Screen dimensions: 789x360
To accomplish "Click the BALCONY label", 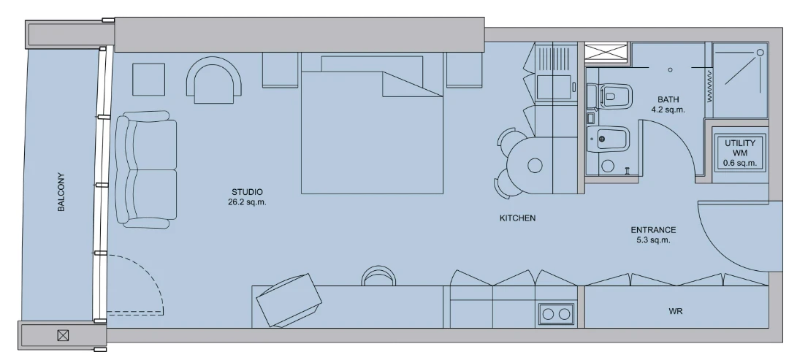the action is pyautogui.click(x=61, y=192).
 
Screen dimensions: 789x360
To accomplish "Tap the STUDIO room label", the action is pyautogui.click(x=247, y=191).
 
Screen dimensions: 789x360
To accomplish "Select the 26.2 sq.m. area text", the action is pyautogui.click(x=247, y=202).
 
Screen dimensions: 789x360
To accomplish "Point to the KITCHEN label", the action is pyautogui.click(x=517, y=218).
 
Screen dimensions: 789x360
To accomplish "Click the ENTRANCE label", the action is pyautogui.click(x=653, y=230).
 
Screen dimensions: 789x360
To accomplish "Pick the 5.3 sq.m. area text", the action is pyautogui.click(x=653, y=240).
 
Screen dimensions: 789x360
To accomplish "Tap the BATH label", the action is pyautogui.click(x=668, y=99).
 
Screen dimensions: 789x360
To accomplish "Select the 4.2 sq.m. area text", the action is pyautogui.click(x=668, y=110).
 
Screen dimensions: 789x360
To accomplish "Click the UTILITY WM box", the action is pyautogui.click(x=740, y=153).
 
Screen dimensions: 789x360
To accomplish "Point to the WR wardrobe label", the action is pyautogui.click(x=675, y=311).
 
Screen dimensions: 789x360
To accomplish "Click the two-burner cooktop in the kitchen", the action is pyautogui.click(x=556, y=314).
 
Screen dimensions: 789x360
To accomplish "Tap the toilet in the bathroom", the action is pyautogui.click(x=609, y=96).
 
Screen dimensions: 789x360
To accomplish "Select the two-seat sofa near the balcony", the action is pyautogui.click(x=146, y=170).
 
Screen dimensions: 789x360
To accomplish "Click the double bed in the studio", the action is pyautogui.click(x=372, y=124).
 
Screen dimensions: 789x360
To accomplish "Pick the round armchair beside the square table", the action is pyautogui.click(x=214, y=80).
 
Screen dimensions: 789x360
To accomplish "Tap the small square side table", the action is pyautogui.click(x=148, y=80).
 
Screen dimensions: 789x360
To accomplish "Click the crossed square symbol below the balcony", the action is pyautogui.click(x=63, y=335).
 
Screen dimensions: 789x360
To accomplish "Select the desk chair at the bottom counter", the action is pyautogui.click(x=378, y=276).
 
